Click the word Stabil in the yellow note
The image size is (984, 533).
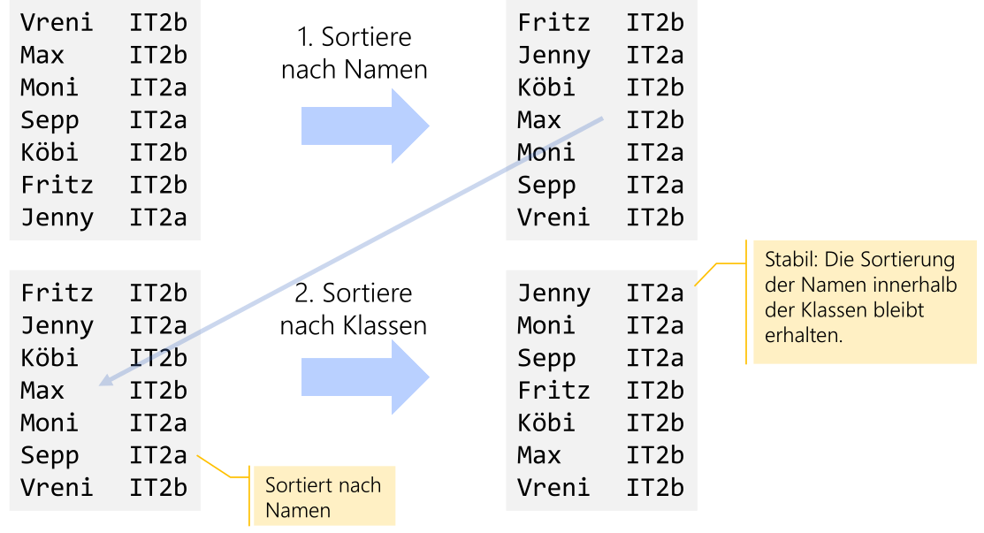coord(789,261)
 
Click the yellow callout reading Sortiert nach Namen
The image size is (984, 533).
coord(323,497)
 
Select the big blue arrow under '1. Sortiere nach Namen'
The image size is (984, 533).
coord(364,126)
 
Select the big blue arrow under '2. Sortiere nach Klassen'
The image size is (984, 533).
coord(364,377)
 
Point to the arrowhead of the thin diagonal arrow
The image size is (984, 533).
coord(104,382)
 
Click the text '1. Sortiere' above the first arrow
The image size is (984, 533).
coord(354,38)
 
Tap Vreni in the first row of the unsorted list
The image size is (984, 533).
coord(57,22)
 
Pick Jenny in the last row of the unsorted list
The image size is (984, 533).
coord(57,217)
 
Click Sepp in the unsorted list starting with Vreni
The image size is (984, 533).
coord(50,120)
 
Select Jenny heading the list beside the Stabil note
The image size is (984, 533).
coord(553,293)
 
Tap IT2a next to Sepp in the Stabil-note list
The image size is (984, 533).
coord(655,358)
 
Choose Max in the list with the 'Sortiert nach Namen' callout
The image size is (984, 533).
coord(42,391)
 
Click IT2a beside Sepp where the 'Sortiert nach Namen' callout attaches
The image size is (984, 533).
coord(158,455)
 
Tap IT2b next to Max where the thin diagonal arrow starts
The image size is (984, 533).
coord(655,120)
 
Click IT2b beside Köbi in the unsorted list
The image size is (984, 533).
coord(158,152)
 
